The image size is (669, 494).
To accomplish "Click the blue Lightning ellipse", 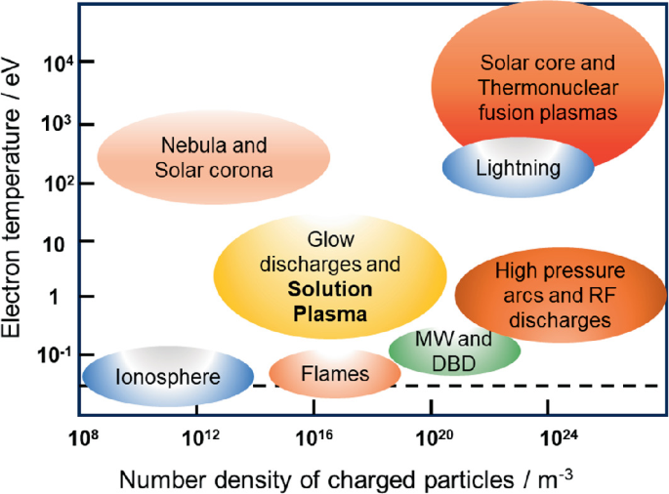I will (x=519, y=168).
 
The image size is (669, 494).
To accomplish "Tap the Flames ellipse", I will (x=321, y=373).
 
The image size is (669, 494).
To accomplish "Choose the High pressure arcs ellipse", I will (x=553, y=294).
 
